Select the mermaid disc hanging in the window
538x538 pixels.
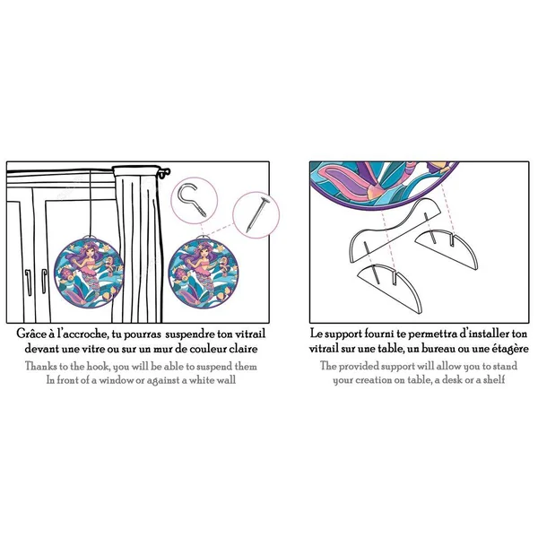(x=89, y=273)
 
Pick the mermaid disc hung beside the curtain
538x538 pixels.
(x=204, y=273)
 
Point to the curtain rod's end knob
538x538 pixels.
(x=165, y=172)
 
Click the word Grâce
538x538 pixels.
(x=30, y=334)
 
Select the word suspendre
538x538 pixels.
(x=190, y=334)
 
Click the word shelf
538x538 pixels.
(x=494, y=380)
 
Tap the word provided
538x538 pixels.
(x=359, y=367)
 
